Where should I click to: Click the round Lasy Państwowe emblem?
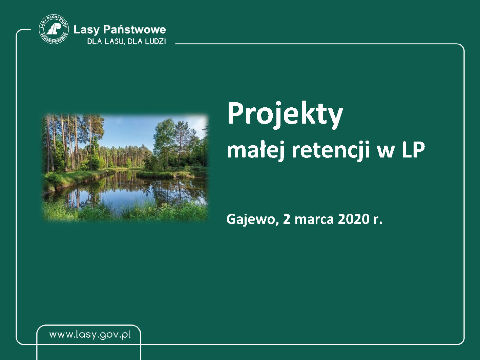pos(54,29)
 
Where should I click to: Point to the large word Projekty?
pos(285,115)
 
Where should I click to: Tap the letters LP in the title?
pos(413,150)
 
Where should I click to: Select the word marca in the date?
pos(314,220)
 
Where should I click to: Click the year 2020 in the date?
pos(354,219)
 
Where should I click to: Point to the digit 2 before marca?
pos(287,219)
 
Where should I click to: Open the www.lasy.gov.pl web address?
pos(90,335)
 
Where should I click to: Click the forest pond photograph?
pos(125,168)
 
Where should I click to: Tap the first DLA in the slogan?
pos(95,41)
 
